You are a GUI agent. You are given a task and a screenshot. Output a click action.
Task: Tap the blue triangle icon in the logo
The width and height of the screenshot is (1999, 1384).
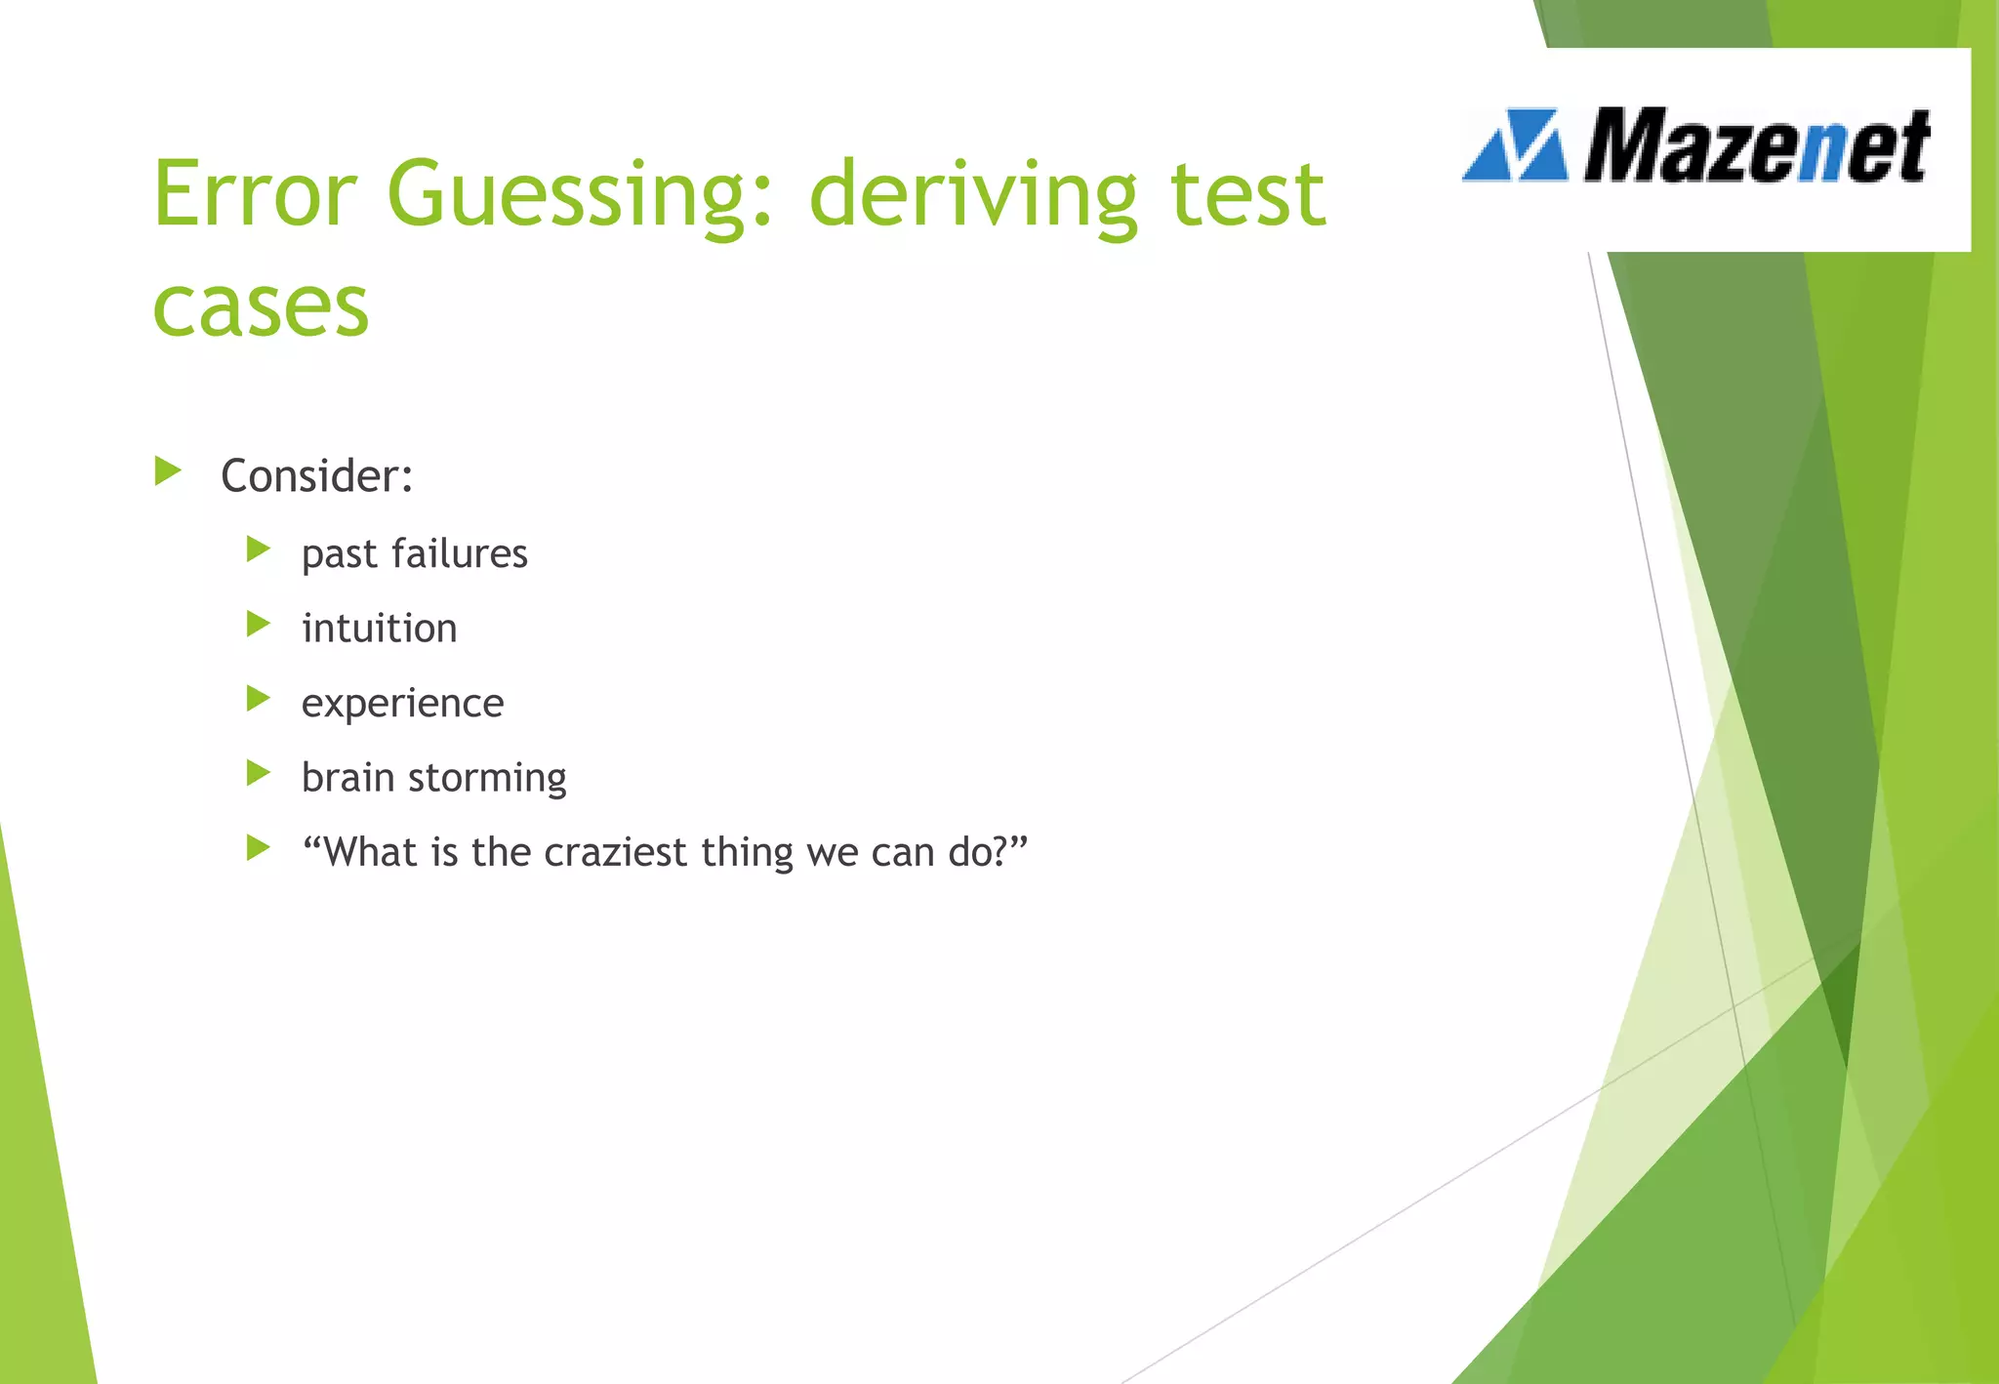[1516, 146]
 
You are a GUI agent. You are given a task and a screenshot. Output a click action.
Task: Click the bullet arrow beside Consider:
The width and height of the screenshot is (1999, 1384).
[168, 472]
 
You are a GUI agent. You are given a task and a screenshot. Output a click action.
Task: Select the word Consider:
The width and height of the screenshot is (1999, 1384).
[317, 476]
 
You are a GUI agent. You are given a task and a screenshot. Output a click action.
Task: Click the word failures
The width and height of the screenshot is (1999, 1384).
[459, 553]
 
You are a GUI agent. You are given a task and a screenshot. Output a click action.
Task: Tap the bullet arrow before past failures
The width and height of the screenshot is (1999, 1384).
[258, 550]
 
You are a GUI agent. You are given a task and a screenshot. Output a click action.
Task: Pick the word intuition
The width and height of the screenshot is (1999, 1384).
[379, 629]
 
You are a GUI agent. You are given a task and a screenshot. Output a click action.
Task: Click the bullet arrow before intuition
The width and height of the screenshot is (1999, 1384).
[258, 624]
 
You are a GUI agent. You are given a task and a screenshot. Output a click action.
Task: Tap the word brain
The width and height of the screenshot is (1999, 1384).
[347, 778]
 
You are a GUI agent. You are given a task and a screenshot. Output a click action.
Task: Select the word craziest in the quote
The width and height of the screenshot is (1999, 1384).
[615, 852]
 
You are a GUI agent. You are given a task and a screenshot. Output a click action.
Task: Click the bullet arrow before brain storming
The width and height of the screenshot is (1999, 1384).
[258, 774]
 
